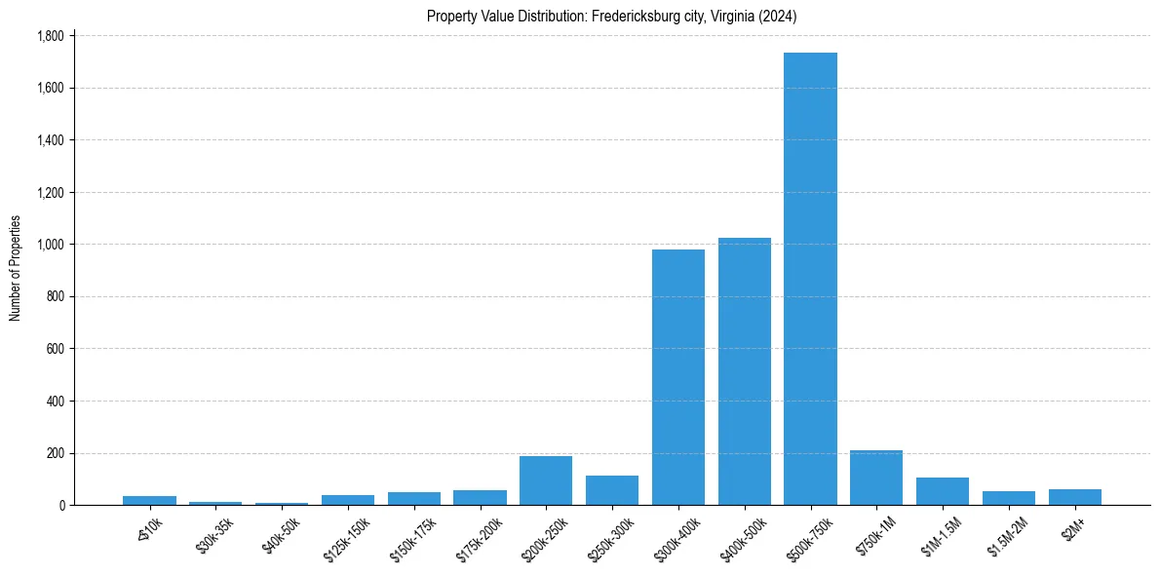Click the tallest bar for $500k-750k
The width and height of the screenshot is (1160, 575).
(810, 279)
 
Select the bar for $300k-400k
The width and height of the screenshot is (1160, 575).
(677, 377)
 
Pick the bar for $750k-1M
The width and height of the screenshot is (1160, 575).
(875, 478)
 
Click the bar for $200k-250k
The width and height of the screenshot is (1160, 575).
(546, 480)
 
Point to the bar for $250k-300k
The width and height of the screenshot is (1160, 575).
(612, 490)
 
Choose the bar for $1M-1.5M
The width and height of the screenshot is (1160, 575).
(942, 491)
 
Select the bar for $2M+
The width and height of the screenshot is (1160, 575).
(1074, 497)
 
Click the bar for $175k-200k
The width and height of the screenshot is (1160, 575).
(480, 497)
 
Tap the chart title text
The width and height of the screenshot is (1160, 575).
(612, 16)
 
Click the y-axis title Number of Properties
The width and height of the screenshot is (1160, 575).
(16, 268)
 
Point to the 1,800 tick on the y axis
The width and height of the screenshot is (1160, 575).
(50, 36)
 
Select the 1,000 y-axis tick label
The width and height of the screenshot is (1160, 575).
(50, 245)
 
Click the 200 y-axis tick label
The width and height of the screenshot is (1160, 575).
(55, 453)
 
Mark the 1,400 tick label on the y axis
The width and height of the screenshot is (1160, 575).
(50, 140)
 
